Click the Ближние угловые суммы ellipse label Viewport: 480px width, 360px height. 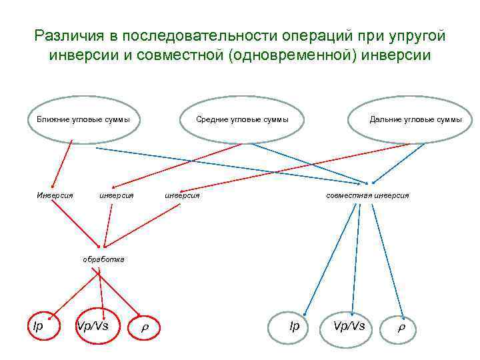coord(83,120)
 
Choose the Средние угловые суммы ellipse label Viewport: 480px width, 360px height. coord(242,120)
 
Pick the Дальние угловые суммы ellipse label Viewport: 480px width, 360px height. coord(415,120)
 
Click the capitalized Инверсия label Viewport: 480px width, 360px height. coord(55,195)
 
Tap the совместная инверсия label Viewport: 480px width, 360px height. coord(367,195)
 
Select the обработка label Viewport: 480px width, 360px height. coord(103,258)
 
